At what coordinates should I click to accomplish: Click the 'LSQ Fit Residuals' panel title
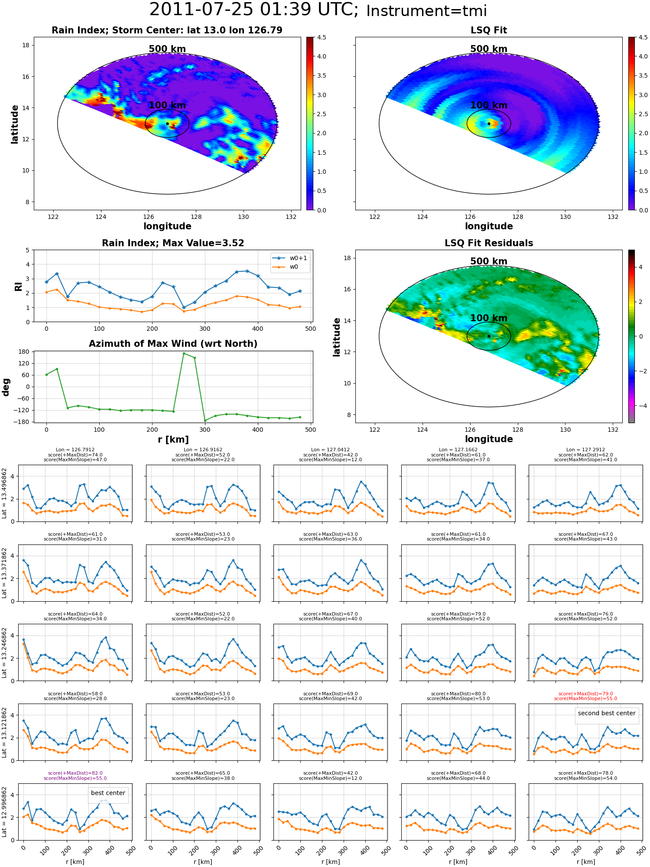point(489,243)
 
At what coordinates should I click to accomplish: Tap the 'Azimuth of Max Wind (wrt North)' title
point(173,344)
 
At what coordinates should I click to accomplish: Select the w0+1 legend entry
point(290,258)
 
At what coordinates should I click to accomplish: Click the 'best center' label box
point(108,793)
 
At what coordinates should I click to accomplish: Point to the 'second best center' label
point(607,713)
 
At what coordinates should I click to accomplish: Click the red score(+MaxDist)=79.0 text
point(585,694)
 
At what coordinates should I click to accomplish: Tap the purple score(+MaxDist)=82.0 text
point(75,773)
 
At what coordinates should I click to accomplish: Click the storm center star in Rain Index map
point(167,124)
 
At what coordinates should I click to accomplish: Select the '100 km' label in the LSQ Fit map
point(489,105)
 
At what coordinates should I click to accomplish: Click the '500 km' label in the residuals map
point(489,261)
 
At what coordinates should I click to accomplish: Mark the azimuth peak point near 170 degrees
point(184,353)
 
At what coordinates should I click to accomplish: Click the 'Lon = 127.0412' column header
point(331,450)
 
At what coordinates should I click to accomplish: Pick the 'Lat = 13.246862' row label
point(4,652)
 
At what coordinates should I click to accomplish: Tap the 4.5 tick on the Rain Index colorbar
point(322,37)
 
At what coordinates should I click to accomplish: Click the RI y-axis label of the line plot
point(18,286)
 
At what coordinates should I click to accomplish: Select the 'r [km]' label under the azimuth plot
point(173,440)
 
